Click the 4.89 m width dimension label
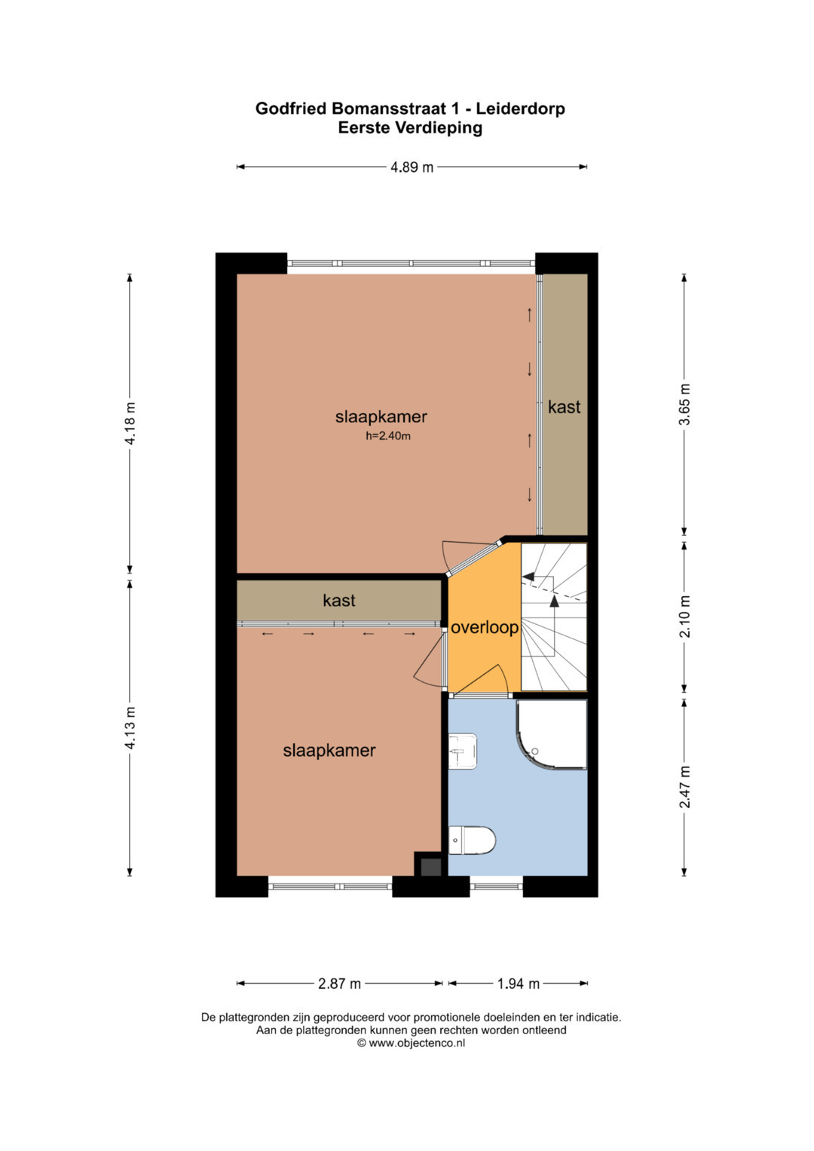[412, 167]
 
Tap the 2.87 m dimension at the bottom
[339, 984]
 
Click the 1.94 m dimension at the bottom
[518, 984]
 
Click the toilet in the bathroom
[472, 840]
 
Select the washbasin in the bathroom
[463, 751]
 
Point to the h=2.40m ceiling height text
[388, 436]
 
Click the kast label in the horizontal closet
[339, 600]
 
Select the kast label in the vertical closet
[565, 407]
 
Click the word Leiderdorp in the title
[520, 109]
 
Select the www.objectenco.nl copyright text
[411, 1042]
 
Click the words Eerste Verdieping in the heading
[410, 127]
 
